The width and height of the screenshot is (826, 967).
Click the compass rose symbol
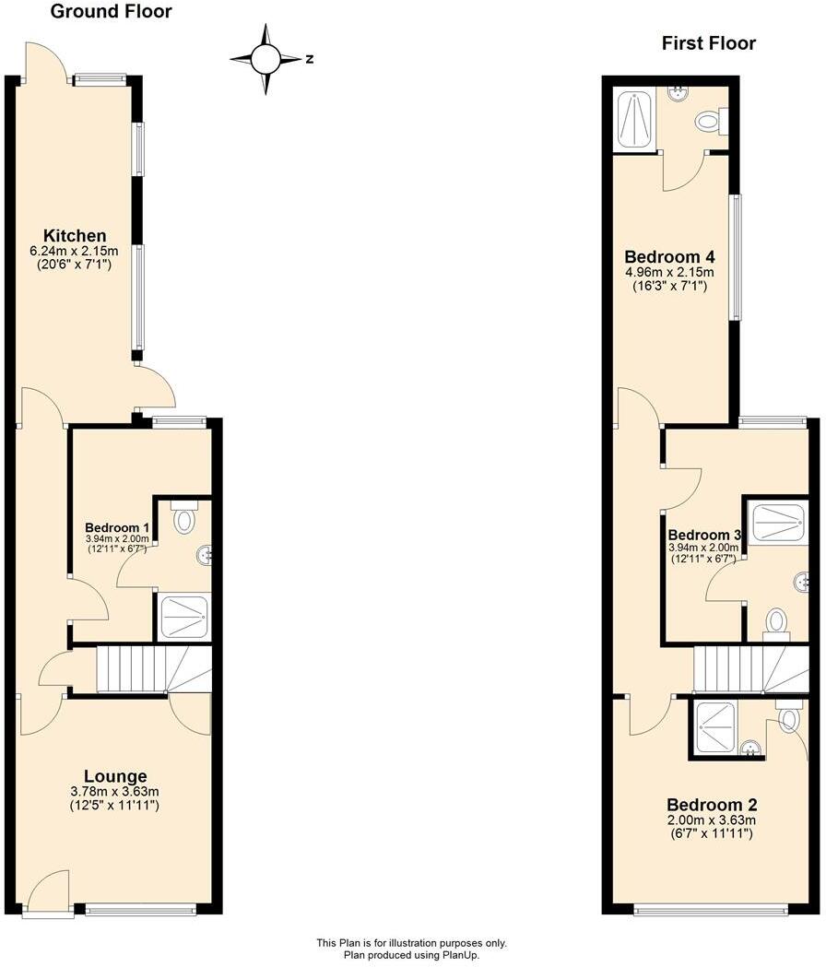pyautogui.click(x=266, y=59)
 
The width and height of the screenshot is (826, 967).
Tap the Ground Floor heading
pyautogui.click(x=111, y=12)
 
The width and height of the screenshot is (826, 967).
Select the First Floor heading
pyautogui.click(x=708, y=43)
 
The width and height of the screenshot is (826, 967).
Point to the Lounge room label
pyautogui.click(x=115, y=776)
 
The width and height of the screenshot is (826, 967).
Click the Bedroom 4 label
pyautogui.click(x=669, y=256)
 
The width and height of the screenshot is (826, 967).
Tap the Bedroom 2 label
pyautogui.click(x=712, y=803)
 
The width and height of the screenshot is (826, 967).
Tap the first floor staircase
pyautogui.click(x=749, y=668)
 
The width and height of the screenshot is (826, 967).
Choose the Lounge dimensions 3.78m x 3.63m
pyautogui.click(x=115, y=792)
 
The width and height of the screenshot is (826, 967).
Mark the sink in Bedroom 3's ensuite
pyautogui.click(x=802, y=581)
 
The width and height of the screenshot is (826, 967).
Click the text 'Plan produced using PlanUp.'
pyautogui.click(x=411, y=955)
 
